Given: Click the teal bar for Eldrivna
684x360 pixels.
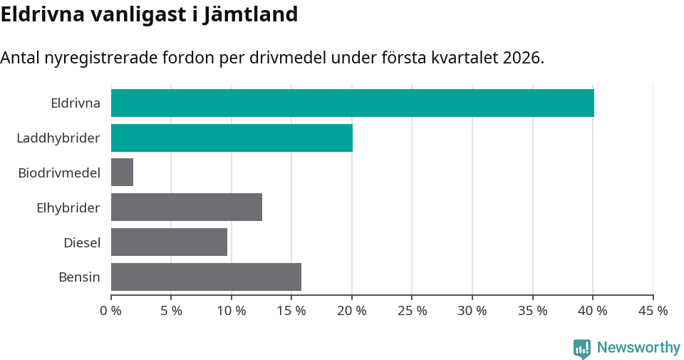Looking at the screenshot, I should click(353, 103).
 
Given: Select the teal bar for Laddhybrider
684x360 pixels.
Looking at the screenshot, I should click(232, 138).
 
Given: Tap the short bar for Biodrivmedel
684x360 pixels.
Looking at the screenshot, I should click(122, 173).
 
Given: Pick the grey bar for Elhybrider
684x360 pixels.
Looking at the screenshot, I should click(187, 207).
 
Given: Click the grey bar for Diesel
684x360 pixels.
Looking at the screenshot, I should click(169, 242).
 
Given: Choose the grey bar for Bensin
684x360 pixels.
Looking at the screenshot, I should click(206, 277).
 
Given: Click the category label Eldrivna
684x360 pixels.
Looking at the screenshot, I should click(76, 103).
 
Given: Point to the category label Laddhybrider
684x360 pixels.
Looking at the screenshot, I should click(58, 138).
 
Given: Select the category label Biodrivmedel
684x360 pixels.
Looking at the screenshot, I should click(59, 173).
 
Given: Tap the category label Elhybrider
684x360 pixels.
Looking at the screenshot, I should click(68, 207).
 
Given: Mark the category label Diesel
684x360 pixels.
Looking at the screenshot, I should click(82, 242).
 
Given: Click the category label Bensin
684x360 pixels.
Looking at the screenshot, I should click(79, 277).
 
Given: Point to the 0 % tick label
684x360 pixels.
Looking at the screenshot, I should click(111, 311).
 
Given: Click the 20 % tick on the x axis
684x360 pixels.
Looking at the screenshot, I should click(352, 311).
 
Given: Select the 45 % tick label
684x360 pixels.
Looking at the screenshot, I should click(653, 311).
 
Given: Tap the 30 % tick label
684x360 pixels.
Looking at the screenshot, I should click(472, 311).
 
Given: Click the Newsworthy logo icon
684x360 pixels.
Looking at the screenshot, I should click(582, 348).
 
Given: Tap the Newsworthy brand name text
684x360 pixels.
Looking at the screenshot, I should click(638, 348).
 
